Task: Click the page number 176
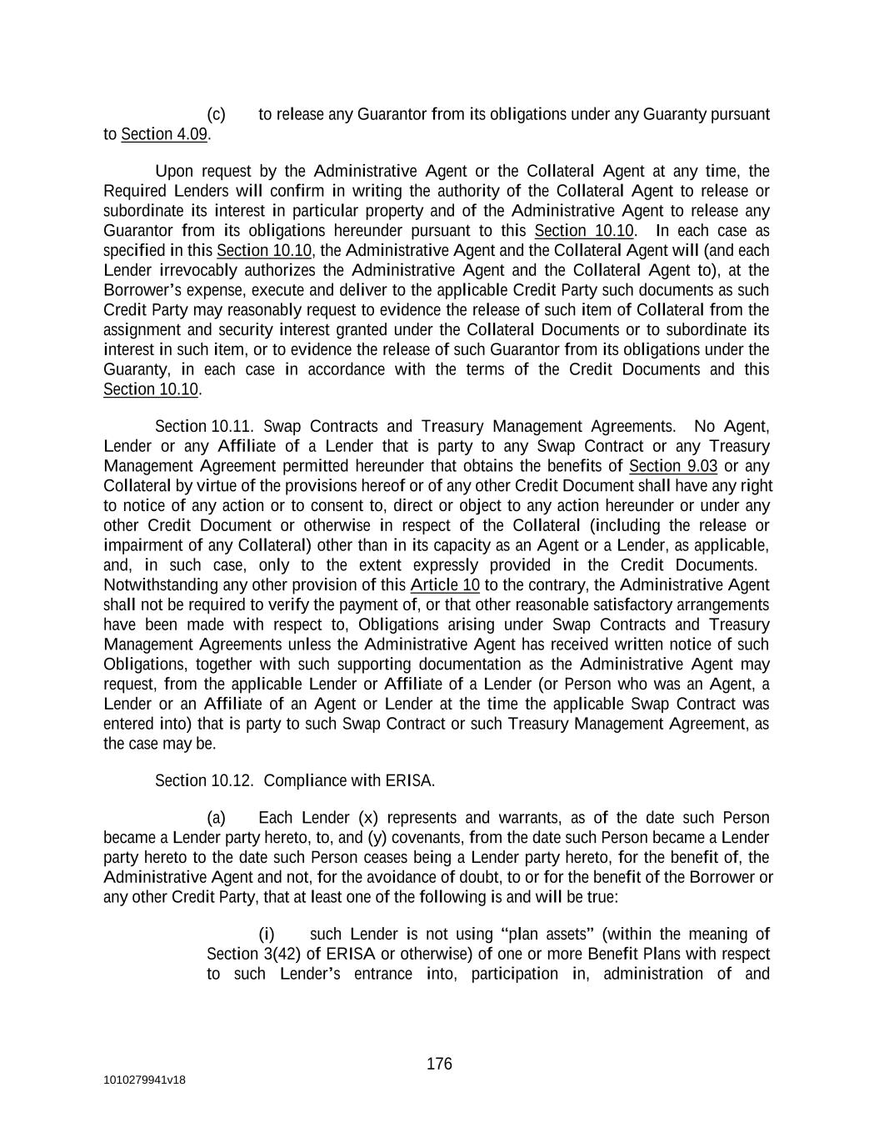tap(439, 1064)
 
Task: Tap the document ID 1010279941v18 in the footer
tap(144, 1080)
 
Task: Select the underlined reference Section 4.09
tap(164, 134)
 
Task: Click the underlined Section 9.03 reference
tap(673, 466)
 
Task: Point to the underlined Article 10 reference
tap(445, 585)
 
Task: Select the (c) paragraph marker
tap(216, 114)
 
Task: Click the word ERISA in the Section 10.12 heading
tap(410, 781)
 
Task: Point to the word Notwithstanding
tap(159, 585)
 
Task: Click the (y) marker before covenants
tap(377, 837)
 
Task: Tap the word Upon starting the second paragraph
tap(174, 172)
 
